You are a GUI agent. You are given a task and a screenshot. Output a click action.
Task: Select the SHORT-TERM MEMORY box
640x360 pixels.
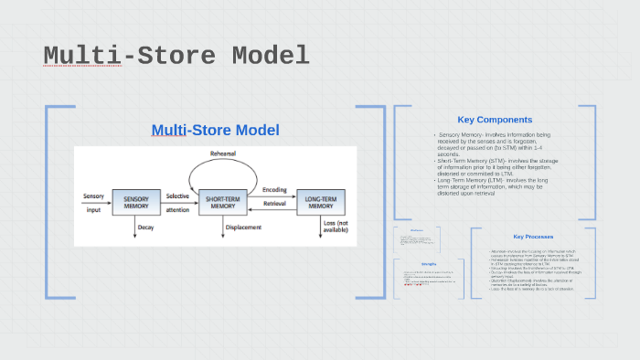coord(222,201)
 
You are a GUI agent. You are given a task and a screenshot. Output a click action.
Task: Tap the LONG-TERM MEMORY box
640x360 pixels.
coord(320,201)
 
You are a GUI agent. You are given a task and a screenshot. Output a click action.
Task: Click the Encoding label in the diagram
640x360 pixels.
coord(274,190)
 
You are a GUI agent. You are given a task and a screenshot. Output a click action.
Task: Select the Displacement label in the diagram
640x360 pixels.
coord(243,227)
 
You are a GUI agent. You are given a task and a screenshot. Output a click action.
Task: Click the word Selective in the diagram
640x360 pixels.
coord(177,196)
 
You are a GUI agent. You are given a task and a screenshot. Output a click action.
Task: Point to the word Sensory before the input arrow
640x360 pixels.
coord(93,196)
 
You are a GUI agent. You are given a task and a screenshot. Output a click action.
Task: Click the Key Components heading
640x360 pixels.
coord(495,120)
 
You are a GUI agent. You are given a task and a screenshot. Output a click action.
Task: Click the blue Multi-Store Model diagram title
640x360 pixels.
coord(215,131)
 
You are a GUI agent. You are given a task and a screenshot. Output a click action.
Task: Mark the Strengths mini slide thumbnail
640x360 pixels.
coord(428,279)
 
